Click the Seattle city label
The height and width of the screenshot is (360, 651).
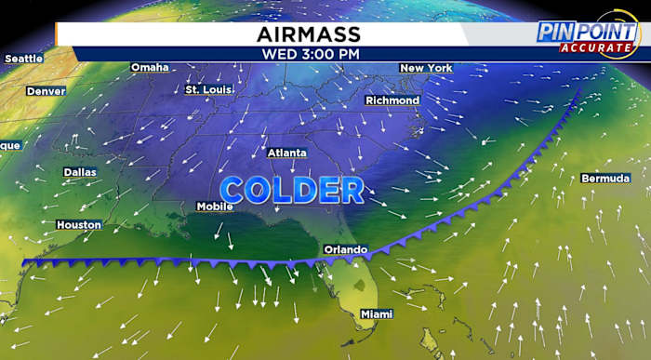[x=24, y=59]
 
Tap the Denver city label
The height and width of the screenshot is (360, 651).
[x=46, y=91]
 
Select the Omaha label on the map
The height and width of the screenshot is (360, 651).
[x=150, y=67]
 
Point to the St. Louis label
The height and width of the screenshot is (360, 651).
[x=206, y=89]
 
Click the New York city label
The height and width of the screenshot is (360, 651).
[x=426, y=68]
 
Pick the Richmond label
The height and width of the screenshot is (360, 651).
[x=393, y=100]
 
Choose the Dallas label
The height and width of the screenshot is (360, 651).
[x=80, y=172]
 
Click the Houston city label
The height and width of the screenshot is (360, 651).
[x=78, y=224]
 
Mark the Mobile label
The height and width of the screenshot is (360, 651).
[x=214, y=207]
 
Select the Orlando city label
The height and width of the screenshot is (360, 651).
[x=345, y=249]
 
